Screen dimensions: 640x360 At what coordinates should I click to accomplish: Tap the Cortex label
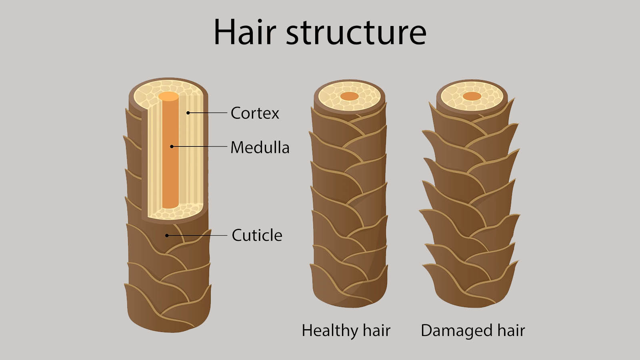pyautogui.click(x=255, y=113)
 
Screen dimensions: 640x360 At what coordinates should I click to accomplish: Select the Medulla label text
pyautogui.click(x=260, y=148)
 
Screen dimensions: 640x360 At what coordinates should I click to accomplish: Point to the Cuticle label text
pyautogui.click(x=257, y=235)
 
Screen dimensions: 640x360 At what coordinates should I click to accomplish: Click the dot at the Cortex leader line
pyautogui.click(x=188, y=113)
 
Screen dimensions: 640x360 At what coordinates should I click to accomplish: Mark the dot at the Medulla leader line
pyautogui.click(x=172, y=146)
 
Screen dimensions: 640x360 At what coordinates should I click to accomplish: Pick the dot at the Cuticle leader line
pyautogui.click(x=167, y=236)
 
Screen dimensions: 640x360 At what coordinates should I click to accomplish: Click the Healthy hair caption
pyautogui.click(x=346, y=331)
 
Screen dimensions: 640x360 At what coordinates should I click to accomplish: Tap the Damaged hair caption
pyautogui.click(x=473, y=331)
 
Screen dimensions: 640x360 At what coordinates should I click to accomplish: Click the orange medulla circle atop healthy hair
pyautogui.click(x=350, y=96)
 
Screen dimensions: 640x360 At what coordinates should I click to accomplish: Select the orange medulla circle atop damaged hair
pyautogui.click(x=472, y=96)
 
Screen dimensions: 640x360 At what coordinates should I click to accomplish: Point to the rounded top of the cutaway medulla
pyautogui.click(x=168, y=96)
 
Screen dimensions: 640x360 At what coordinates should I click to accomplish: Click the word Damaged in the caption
pyautogui.click(x=456, y=331)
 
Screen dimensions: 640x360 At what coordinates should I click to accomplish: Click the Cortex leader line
pyautogui.click(x=208, y=113)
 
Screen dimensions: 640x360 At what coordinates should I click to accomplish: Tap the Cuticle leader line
pyautogui.click(x=197, y=236)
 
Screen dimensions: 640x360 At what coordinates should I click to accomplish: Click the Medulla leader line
pyautogui.click(x=200, y=146)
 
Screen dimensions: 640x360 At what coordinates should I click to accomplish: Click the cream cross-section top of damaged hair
pyautogui.click(x=472, y=96)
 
